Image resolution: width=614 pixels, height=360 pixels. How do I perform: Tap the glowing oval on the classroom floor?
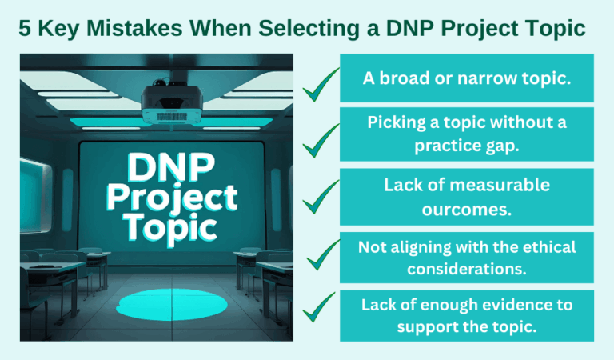[157, 304]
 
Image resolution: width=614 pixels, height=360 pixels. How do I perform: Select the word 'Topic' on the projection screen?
[170, 226]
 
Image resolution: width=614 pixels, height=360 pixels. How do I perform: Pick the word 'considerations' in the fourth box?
[468, 268]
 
